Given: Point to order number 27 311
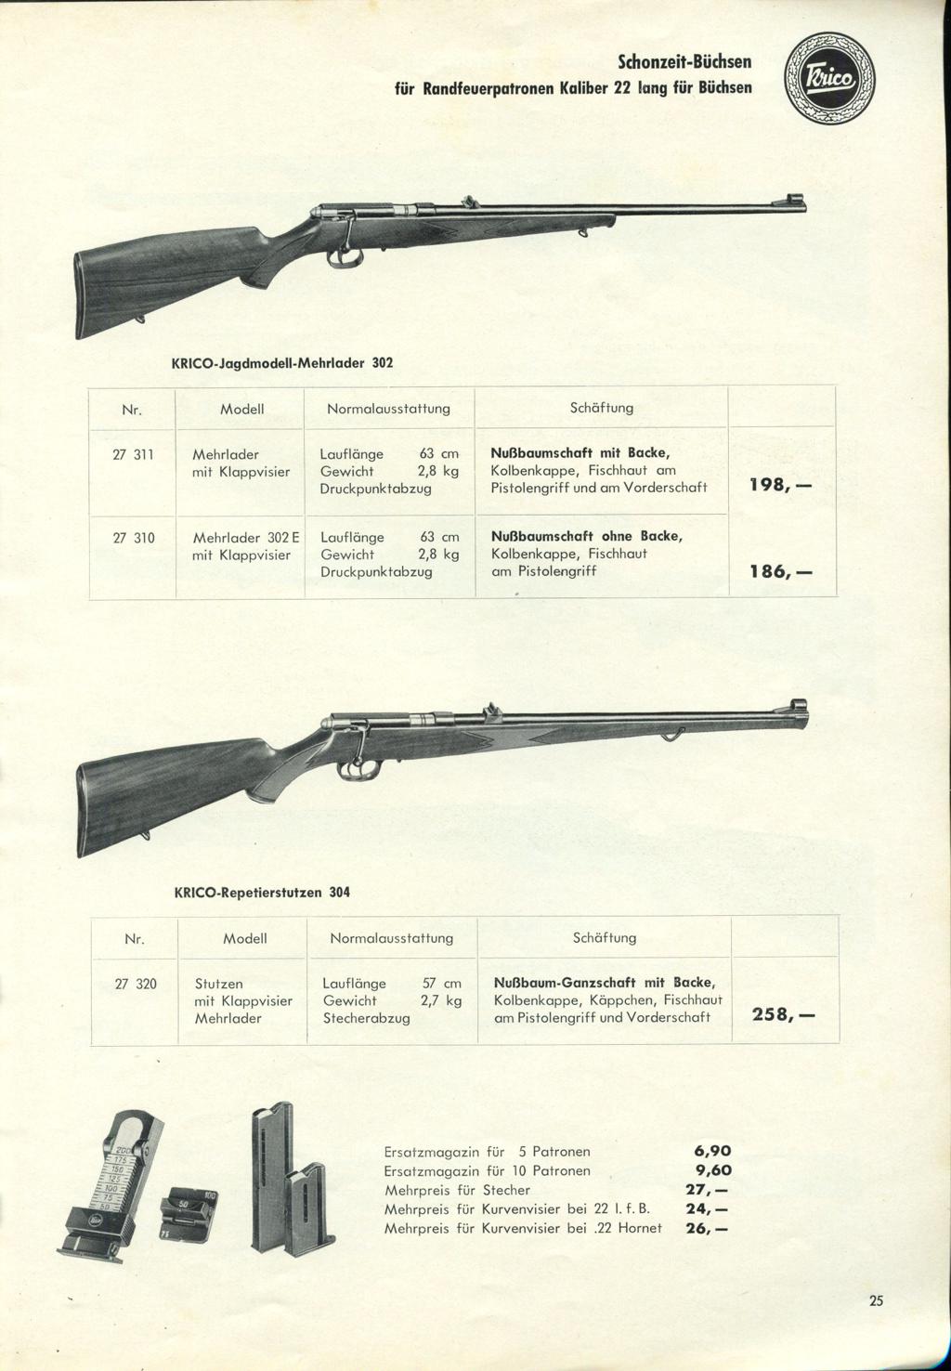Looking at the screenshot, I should coord(133,455).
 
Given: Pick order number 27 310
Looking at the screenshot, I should coord(133,537).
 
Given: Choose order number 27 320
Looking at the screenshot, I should coord(136,983).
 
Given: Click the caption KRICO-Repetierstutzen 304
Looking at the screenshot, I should coord(263,892).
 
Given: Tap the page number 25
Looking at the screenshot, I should coord(876,1300).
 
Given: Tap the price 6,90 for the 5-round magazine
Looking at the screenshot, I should coord(713,1151).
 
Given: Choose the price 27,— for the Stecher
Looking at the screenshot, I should coord(707,1190).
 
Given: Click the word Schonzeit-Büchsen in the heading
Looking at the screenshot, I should coord(684,63).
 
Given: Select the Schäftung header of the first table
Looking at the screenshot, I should coord(601,408).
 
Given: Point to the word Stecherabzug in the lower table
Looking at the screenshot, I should coord(366,1018).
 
